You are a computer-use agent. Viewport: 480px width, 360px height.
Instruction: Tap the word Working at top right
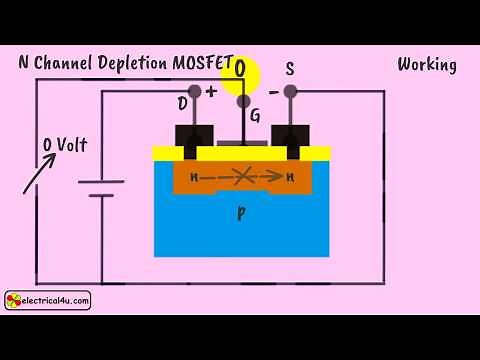pos(427,65)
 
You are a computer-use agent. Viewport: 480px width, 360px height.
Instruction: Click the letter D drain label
pos(183,104)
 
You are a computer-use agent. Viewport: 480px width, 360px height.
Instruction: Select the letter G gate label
pos(255,116)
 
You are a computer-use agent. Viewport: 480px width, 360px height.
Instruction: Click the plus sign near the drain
pos(212,90)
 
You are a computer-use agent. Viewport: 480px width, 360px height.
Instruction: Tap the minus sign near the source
pos(273,92)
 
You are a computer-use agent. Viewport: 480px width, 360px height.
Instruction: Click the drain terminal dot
pos(195,92)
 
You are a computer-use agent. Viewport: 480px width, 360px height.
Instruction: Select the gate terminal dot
pos(242,101)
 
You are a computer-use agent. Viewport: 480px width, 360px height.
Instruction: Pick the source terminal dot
pos(290,92)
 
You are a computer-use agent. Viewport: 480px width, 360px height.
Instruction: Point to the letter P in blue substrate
pos(241,214)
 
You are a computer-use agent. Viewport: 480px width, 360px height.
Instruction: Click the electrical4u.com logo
pos(48,299)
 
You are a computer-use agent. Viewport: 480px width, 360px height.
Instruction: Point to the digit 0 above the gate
pos(240,68)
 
